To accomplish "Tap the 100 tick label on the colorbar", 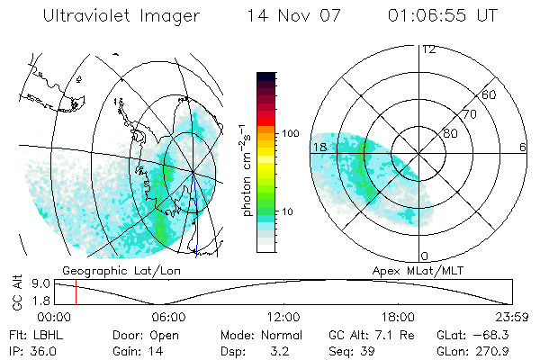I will [x=289, y=133].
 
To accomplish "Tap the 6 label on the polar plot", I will [x=523, y=147].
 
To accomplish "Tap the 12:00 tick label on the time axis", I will [x=283, y=317].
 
